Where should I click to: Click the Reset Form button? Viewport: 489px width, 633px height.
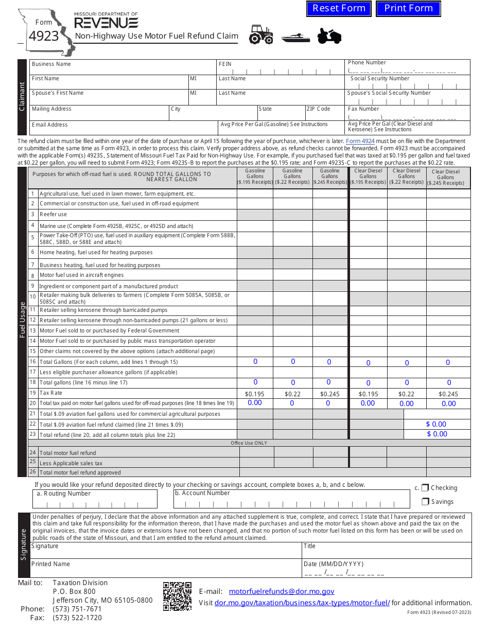tap(339, 8)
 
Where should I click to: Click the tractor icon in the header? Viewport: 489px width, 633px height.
tap(261, 35)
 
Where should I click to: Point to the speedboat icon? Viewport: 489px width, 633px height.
tap(295, 38)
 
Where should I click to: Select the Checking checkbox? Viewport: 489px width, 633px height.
tap(425, 488)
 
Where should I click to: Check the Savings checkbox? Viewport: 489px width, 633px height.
tap(425, 502)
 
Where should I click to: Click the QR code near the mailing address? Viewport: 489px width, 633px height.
tap(177, 596)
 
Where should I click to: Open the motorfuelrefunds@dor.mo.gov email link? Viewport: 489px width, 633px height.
tap(282, 592)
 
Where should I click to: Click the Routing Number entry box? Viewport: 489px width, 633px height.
tap(95, 502)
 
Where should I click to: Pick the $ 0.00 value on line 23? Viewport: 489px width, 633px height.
tap(436, 434)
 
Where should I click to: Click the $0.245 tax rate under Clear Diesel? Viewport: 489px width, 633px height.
tap(449, 394)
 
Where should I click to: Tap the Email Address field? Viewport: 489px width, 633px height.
tap(124, 128)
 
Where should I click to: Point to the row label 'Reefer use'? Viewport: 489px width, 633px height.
tap(54, 215)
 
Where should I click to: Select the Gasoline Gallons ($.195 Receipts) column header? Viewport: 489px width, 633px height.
tap(255, 177)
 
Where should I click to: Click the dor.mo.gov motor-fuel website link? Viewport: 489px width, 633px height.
tap(302, 603)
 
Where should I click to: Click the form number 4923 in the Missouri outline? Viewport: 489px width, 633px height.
tap(44, 36)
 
